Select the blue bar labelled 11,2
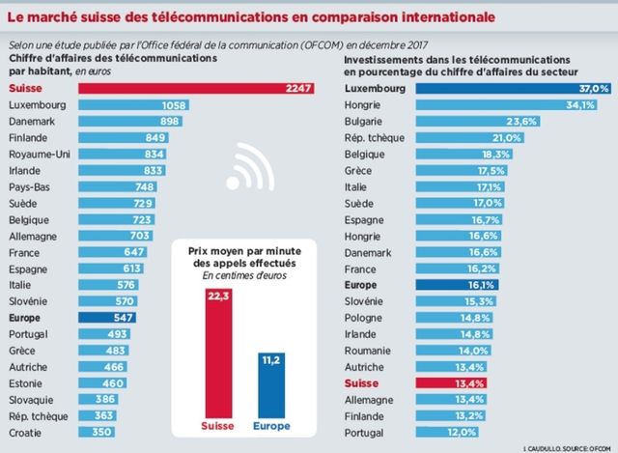coord(270,384)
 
